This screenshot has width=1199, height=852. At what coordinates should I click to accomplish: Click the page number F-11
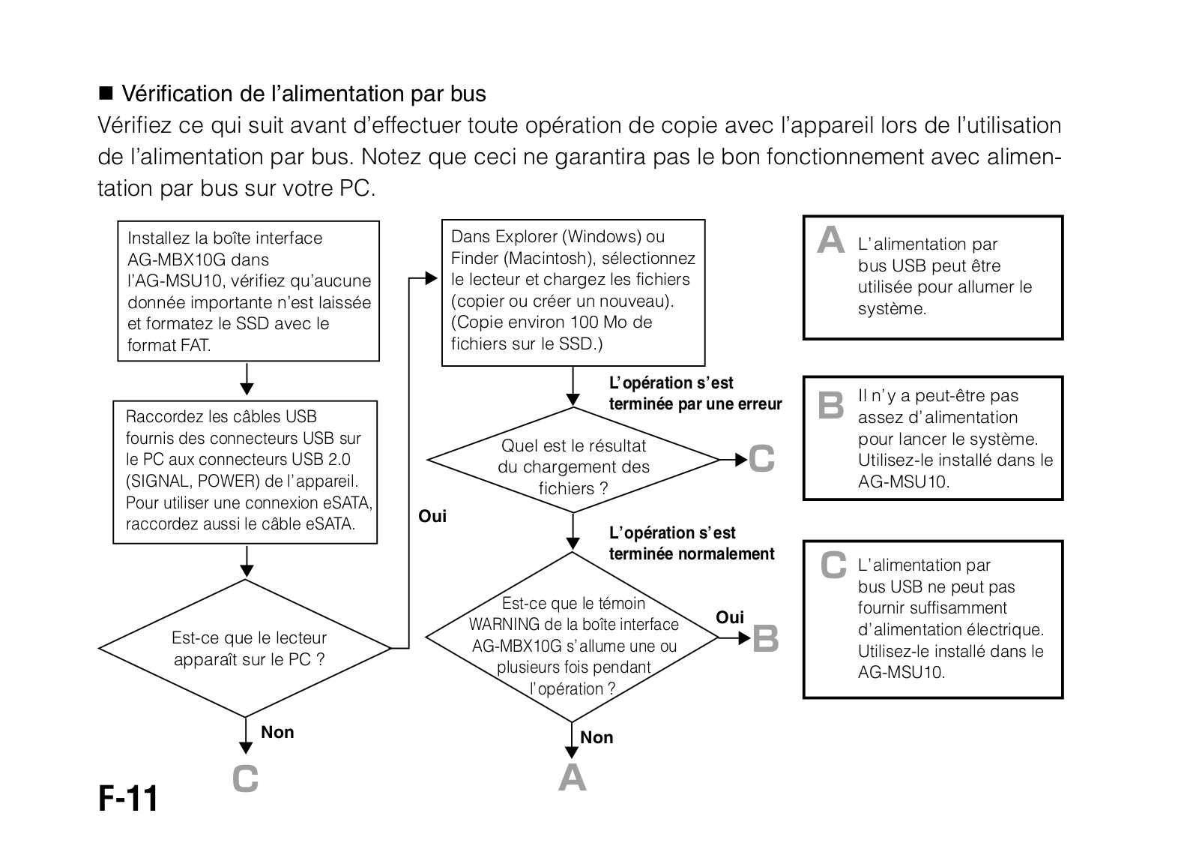(x=128, y=799)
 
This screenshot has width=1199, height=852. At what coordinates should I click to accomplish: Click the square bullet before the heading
(x=105, y=94)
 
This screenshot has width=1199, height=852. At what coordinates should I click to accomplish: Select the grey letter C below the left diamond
(x=245, y=779)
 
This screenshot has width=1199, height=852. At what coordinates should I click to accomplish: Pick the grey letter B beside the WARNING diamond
(x=765, y=639)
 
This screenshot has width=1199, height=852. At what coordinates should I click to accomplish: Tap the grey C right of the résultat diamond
(x=761, y=459)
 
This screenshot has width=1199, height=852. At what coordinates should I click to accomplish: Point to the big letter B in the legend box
(x=830, y=405)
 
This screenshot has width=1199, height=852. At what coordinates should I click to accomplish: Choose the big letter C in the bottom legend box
(x=833, y=566)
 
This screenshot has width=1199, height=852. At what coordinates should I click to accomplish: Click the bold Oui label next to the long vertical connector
(x=432, y=516)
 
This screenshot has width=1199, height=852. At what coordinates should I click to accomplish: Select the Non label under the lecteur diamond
(x=277, y=732)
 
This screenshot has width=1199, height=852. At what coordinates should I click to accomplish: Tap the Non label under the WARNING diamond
(x=597, y=737)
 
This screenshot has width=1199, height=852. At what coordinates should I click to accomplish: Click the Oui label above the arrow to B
(x=730, y=617)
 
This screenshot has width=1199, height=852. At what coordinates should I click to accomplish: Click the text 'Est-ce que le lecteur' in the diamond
(x=249, y=638)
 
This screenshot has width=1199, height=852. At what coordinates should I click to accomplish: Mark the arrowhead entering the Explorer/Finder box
(x=432, y=279)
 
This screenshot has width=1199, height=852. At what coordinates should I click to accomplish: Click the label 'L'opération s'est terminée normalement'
(x=691, y=543)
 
